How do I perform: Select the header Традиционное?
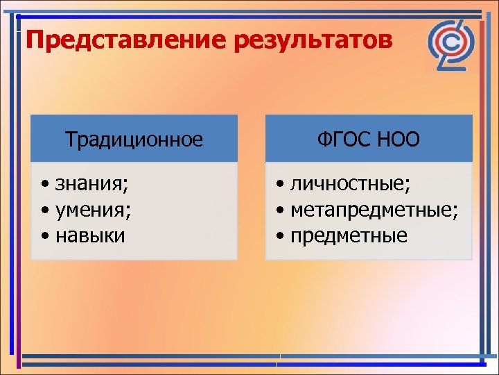134,140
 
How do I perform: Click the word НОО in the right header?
399,140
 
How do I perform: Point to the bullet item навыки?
90,235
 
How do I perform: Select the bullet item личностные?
350,184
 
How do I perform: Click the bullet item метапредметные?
374,210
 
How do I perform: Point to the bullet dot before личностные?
279,185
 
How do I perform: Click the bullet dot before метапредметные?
279,211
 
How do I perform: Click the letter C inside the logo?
450,43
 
